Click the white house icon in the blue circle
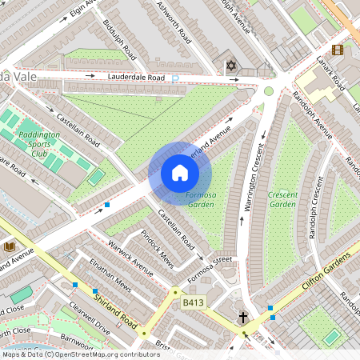180,173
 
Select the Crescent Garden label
282,199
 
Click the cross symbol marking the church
242,318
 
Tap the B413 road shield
192,302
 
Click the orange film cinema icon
337,50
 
